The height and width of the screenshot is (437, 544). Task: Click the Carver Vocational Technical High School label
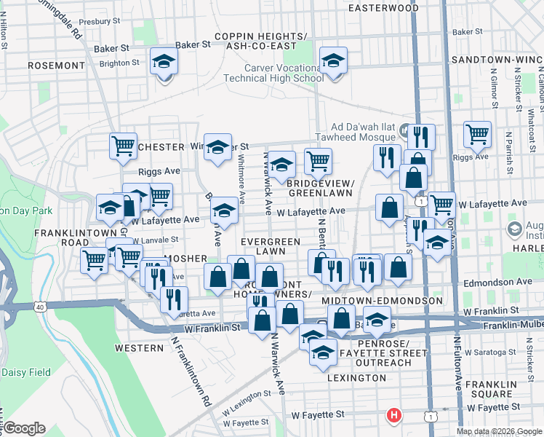[284, 73]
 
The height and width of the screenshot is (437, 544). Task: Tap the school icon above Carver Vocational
[333, 61]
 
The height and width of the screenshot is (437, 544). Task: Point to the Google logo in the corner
[23, 428]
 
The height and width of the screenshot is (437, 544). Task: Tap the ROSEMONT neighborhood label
[56, 66]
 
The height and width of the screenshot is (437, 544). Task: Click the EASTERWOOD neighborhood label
[383, 8]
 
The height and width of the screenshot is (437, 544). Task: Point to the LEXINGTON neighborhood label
[356, 378]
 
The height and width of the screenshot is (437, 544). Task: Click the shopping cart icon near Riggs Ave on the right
[477, 134]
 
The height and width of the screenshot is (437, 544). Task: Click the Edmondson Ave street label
[495, 280]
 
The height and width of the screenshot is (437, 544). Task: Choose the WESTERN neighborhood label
[139, 348]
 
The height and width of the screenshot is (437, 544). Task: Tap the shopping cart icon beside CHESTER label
[124, 146]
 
